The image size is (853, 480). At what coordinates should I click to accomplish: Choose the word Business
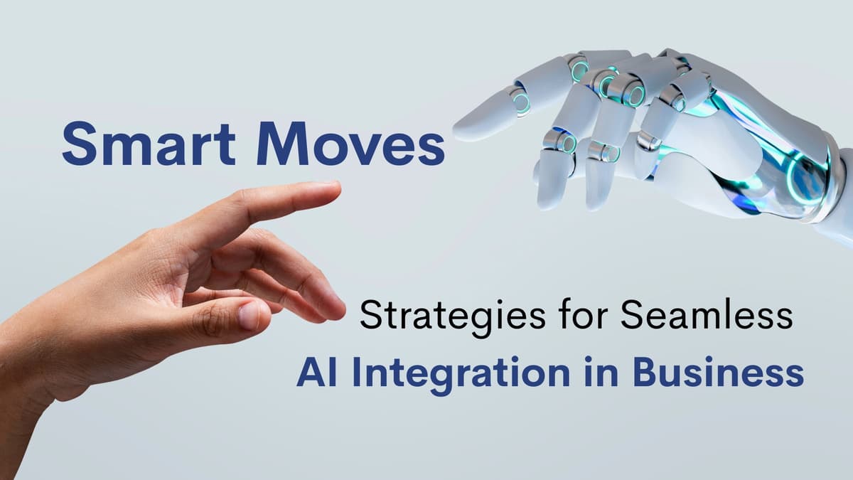[x=719, y=373]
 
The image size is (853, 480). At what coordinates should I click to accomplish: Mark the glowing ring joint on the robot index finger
[x=521, y=100]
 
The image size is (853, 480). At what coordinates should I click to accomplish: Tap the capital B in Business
[x=647, y=373]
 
